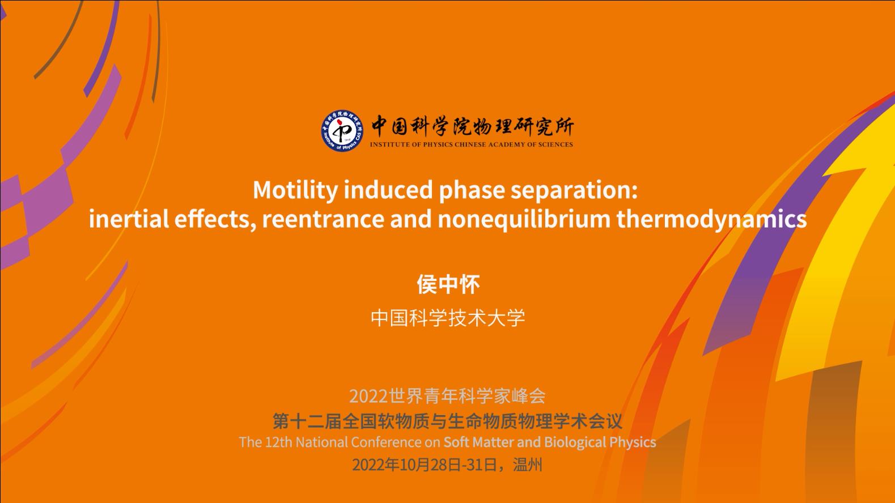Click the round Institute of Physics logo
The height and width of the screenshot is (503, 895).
(x=342, y=130)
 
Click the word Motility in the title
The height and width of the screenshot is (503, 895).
(x=295, y=190)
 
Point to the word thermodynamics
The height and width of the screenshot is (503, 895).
(x=711, y=220)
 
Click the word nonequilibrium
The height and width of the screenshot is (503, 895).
(x=524, y=220)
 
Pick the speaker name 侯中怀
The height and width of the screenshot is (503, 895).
(x=448, y=284)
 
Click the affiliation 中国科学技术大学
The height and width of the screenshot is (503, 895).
(x=448, y=318)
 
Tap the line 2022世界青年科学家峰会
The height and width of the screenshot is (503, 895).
(x=448, y=396)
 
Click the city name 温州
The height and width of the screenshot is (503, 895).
(x=528, y=464)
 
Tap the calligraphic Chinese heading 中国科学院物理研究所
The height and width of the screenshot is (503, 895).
(x=473, y=126)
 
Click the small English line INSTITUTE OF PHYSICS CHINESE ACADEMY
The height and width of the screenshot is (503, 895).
(x=448, y=144)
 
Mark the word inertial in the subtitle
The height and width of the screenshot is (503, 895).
(x=129, y=219)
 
